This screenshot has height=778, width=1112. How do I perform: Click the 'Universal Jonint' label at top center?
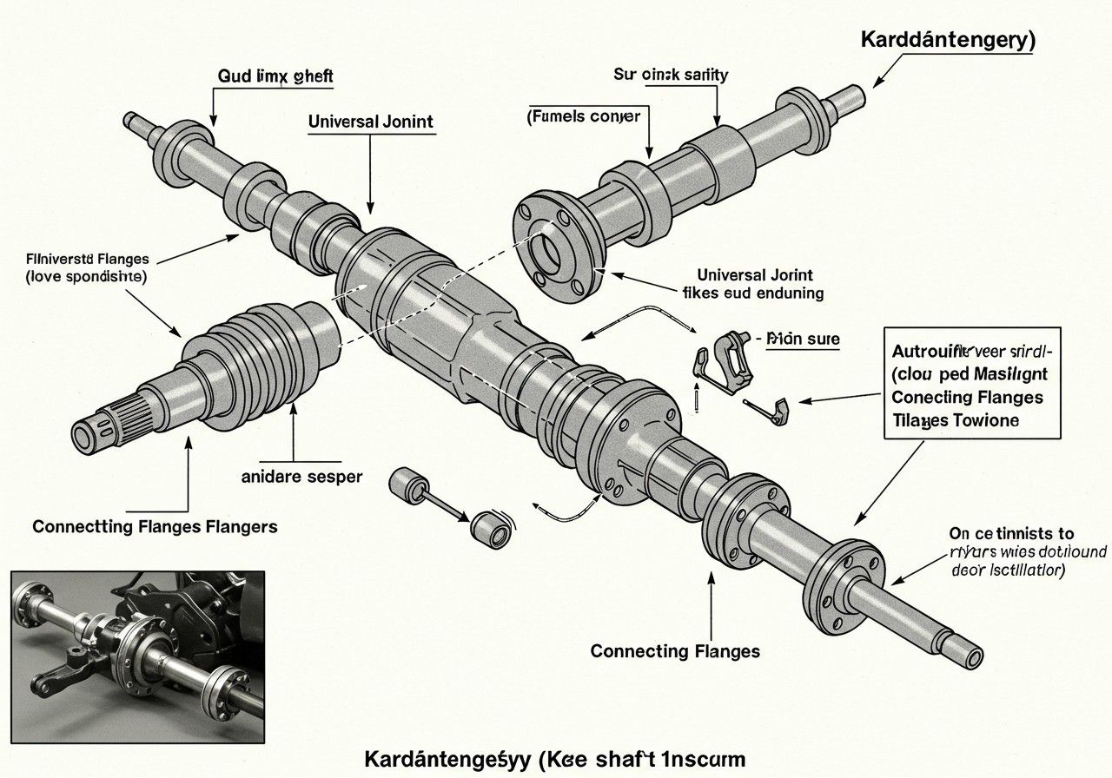pyautogui.click(x=370, y=122)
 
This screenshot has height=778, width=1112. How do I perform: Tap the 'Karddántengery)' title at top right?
pyautogui.click(x=948, y=40)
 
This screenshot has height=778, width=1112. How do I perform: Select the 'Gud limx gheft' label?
pyautogui.click(x=275, y=76)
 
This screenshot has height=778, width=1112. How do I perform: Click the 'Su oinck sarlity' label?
pyautogui.click(x=671, y=75)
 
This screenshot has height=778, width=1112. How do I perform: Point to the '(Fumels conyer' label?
pyautogui.click(x=583, y=115)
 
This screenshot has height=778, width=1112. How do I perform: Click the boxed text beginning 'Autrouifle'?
pyautogui.click(x=971, y=386)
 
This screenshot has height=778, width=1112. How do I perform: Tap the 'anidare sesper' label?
pyautogui.click(x=301, y=476)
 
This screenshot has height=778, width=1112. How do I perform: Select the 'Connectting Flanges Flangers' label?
pyautogui.click(x=156, y=526)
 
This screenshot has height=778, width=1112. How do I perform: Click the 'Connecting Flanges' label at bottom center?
pyautogui.click(x=675, y=650)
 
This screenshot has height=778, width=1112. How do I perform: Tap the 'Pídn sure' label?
pyautogui.click(x=802, y=339)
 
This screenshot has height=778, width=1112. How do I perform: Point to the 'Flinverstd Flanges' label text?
pyautogui.click(x=89, y=259)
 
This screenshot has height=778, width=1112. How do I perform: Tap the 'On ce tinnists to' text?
pyautogui.click(x=1010, y=533)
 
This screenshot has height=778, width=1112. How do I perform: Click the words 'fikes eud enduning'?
pyautogui.click(x=754, y=293)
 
